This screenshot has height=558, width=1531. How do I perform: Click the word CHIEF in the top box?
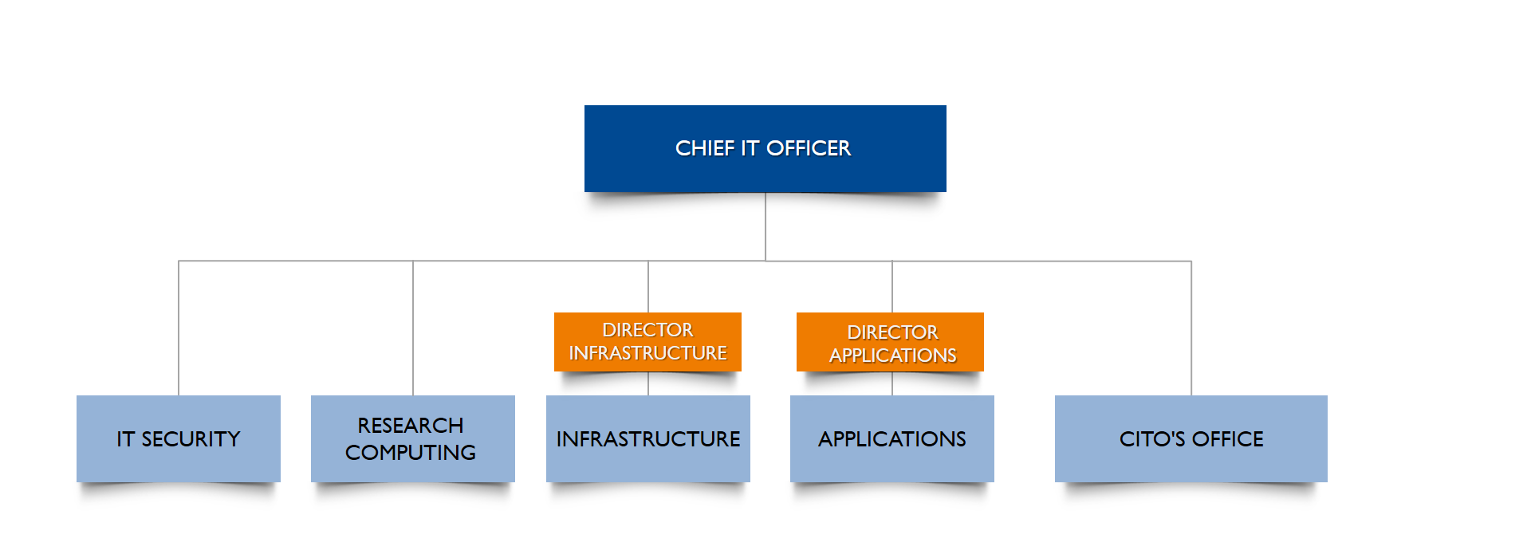coord(704,148)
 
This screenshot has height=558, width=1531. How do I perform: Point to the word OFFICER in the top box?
coord(808,148)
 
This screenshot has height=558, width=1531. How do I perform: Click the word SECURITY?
coord(191,439)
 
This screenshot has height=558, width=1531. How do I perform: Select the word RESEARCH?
coord(410,426)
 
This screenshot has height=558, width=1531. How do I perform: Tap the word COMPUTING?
coord(410,453)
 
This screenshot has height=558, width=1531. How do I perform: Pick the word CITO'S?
coord(1151,439)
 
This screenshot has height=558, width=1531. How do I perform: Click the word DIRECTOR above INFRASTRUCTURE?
coord(647,330)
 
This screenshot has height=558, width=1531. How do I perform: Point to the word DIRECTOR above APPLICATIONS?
coord(892,332)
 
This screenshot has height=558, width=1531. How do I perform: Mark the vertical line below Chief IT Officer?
coord(765,226)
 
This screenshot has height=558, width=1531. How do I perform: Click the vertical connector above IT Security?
coord(179,327)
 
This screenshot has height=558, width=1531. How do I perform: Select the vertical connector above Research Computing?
coord(413,327)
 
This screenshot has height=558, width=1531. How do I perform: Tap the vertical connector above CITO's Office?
coord(1191,327)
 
